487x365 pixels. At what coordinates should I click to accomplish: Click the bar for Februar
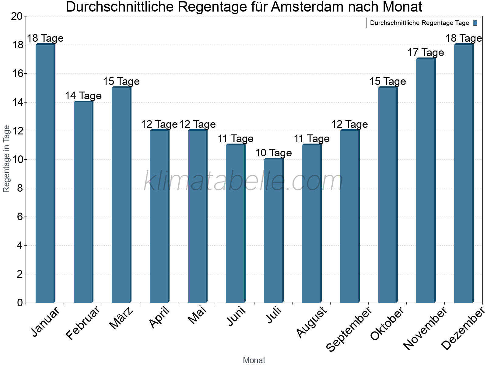tap(83, 202)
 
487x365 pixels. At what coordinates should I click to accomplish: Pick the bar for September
tap(349, 216)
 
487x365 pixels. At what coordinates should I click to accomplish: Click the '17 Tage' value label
tap(426, 53)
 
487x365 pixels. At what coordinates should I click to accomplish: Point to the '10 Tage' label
tap(273, 153)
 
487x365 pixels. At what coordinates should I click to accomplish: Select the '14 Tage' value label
tap(83, 96)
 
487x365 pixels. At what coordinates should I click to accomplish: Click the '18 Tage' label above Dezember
tap(464, 38)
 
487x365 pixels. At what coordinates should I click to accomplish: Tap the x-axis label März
tap(121, 318)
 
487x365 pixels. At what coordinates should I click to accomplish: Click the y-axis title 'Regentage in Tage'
tap(7, 159)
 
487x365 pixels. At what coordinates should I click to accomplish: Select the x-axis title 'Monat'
tap(254, 360)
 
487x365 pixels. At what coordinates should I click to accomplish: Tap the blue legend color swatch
tap(475, 23)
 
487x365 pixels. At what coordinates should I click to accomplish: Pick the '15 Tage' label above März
tap(121, 81)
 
